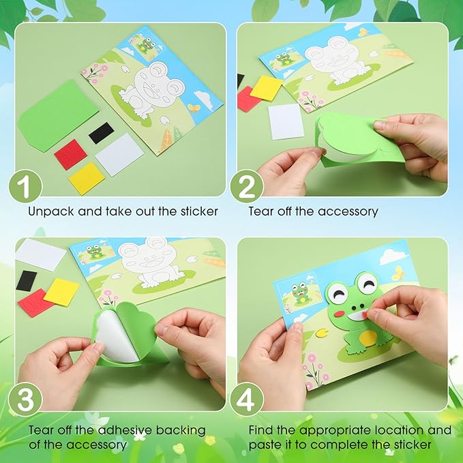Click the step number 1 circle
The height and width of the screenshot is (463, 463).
(x=25, y=187)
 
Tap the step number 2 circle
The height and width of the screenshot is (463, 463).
(x=247, y=187)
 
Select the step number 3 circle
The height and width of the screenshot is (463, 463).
(x=25, y=399)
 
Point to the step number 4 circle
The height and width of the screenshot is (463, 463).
(x=247, y=399)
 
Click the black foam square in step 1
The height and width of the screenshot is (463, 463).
(x=102, y=133)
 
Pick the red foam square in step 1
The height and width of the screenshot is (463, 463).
(x=71, y=154)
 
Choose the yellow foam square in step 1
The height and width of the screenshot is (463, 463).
(x=87, y=179)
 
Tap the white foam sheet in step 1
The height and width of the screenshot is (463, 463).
(x=119, y=155)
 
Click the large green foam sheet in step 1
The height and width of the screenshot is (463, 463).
(x=58, y=116)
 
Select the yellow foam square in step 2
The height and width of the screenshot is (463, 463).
(x=267, y=87)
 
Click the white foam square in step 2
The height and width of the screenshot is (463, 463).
(x=286, y=121)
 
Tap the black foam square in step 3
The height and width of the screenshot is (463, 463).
(x=27, y=281)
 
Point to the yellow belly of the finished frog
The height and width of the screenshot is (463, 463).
(x=368, y=338)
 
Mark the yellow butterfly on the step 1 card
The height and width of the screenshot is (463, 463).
(x=194, y=108)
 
